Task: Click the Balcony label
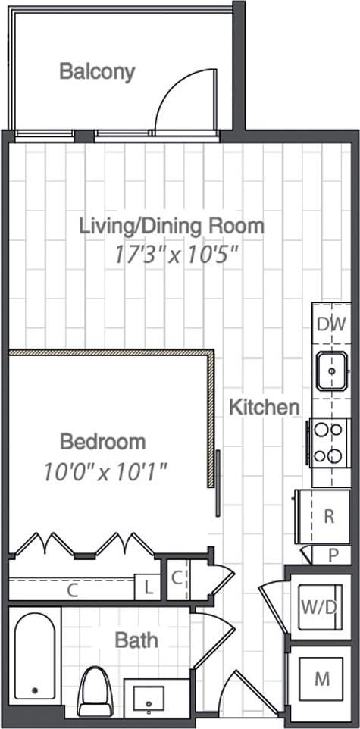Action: [x=97, y=72]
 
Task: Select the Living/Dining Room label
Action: [x=173, y=225]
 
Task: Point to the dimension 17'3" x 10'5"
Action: [x=177, y=254]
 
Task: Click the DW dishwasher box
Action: [x=331, y=324]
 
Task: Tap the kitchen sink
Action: [x=332, y=371]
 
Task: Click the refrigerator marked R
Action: [x=326, y=516]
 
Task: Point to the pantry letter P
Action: [x=333, y=554]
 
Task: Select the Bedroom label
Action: [x=102, y=441]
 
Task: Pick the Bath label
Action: [x=136, y=640]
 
